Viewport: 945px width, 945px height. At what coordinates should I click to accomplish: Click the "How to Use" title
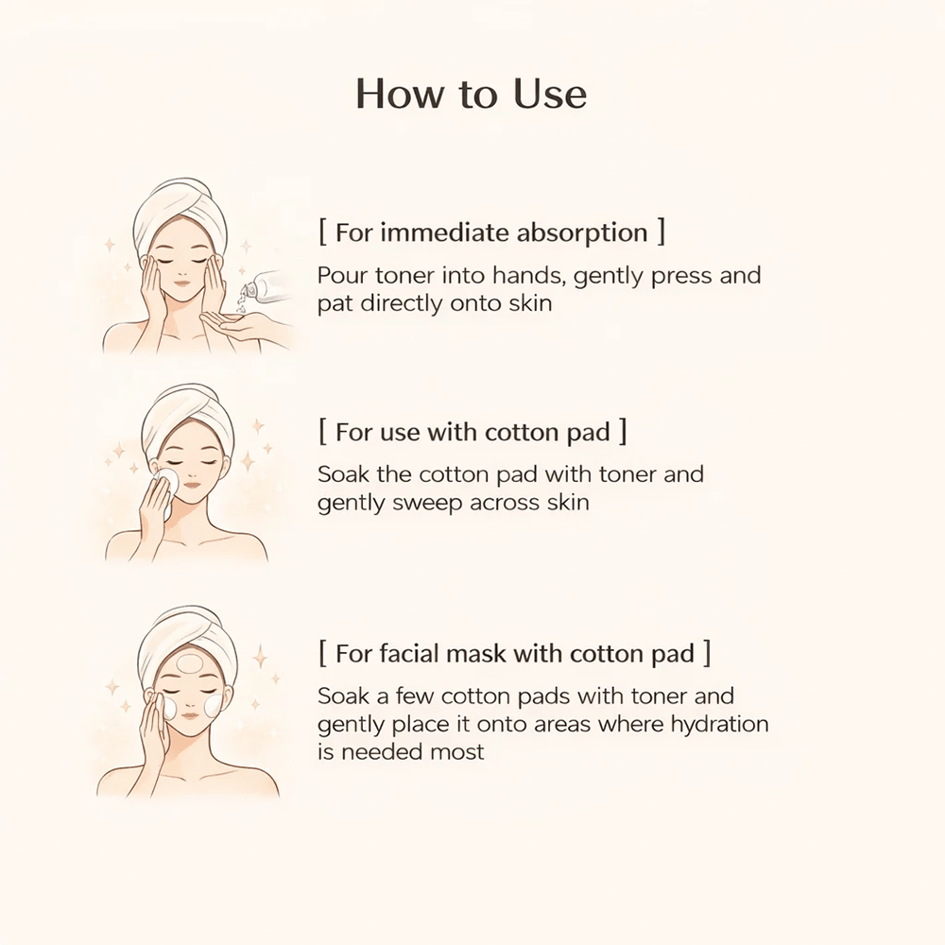click(x=471, y=94)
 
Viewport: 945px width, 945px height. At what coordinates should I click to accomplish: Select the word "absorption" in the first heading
click(x=581, y=233)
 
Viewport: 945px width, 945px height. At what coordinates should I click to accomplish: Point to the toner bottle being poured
click(x=266, y=288)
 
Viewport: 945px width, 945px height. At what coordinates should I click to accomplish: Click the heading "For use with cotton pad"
click(x=472, y=432)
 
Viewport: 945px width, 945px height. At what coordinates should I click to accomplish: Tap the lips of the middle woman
click(x=191, y=483)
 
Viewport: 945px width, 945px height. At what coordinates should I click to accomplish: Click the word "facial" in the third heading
click(x=409, y=654)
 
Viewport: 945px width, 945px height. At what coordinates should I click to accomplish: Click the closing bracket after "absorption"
click(x=661, y=232)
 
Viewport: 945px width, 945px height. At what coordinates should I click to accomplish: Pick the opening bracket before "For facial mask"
click(x=323, y=653)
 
